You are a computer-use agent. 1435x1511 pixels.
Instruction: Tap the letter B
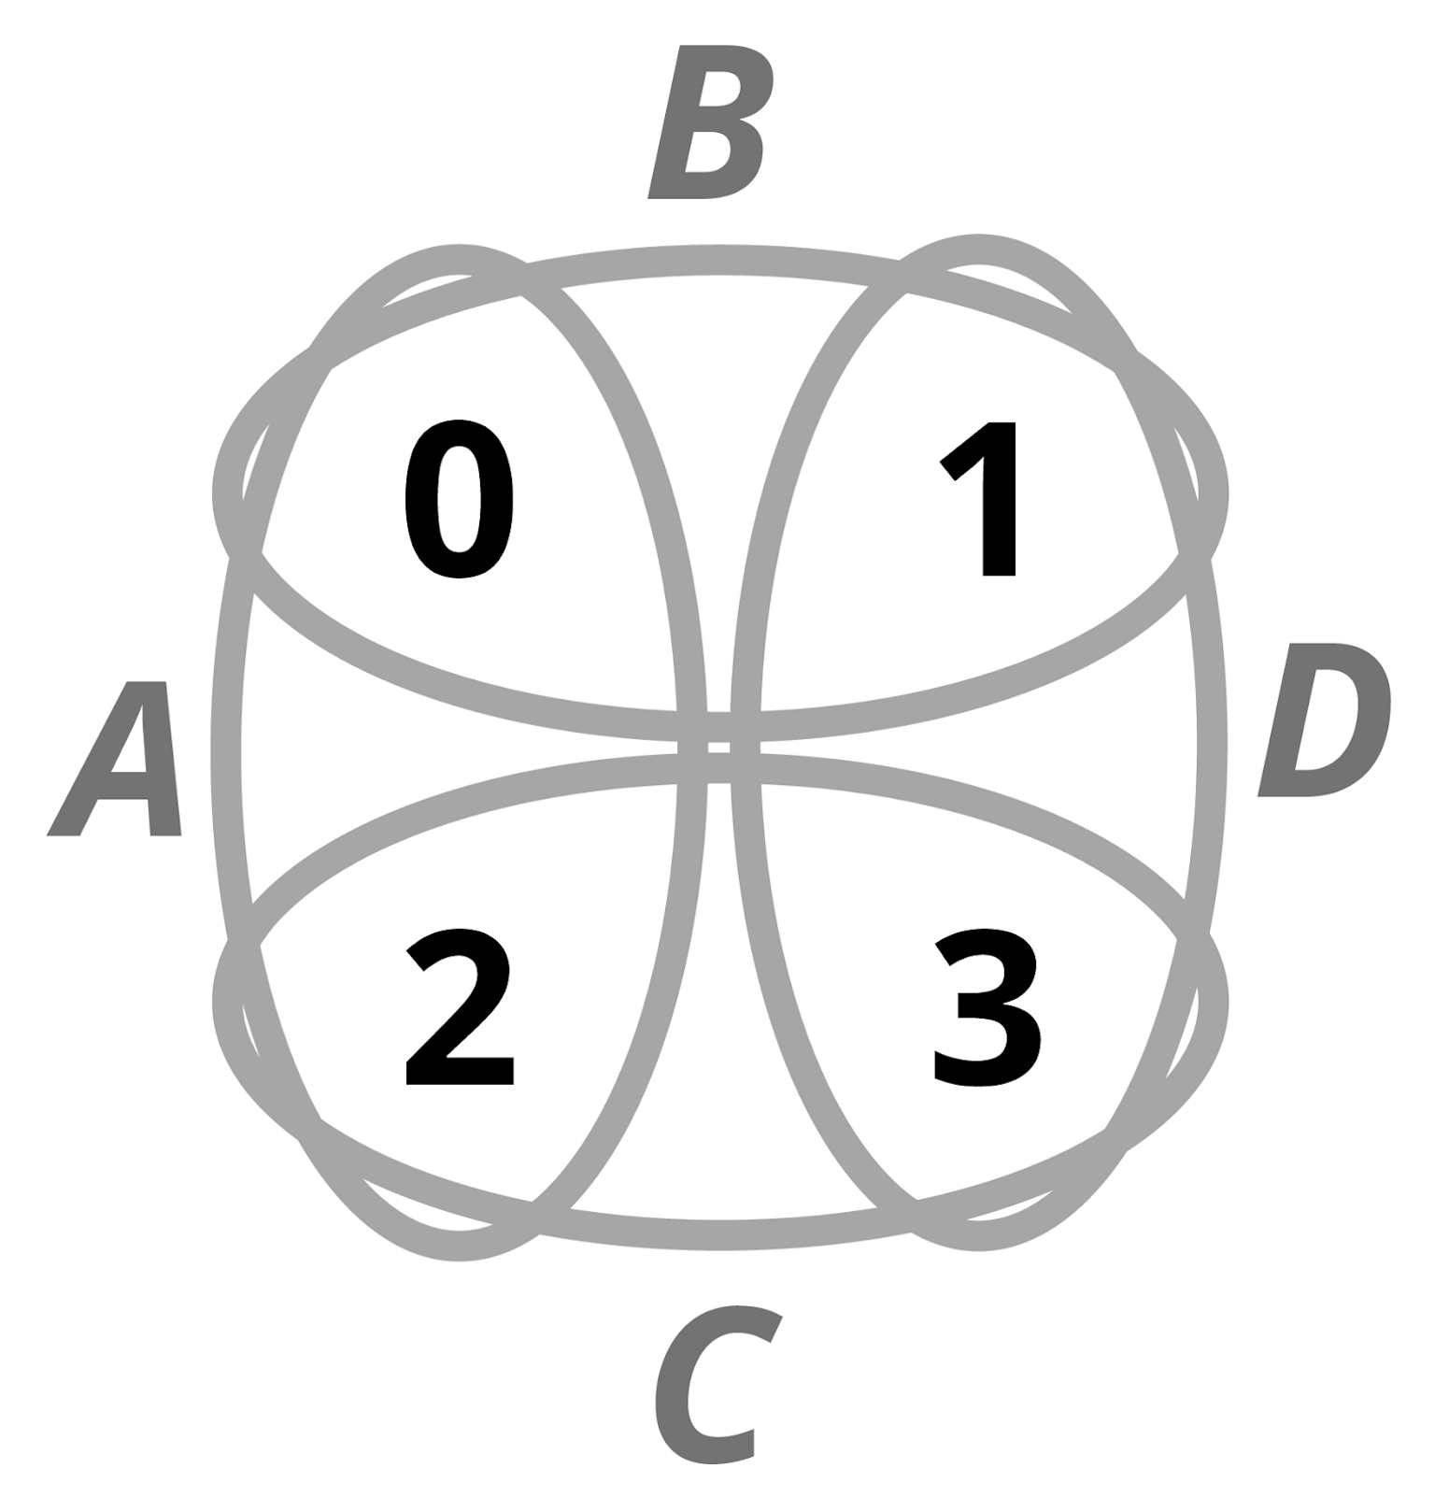point(710,123)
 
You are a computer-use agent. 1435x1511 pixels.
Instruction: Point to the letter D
point(1325,720)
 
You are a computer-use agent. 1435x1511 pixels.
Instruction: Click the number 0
point(459,499)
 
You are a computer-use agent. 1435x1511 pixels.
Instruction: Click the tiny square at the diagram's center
point(718,747)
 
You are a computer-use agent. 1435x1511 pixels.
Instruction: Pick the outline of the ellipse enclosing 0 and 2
point(227,748)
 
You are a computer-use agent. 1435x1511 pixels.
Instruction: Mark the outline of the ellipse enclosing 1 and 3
point(1212,748)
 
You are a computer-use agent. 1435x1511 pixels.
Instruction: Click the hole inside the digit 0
point(459,499)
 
